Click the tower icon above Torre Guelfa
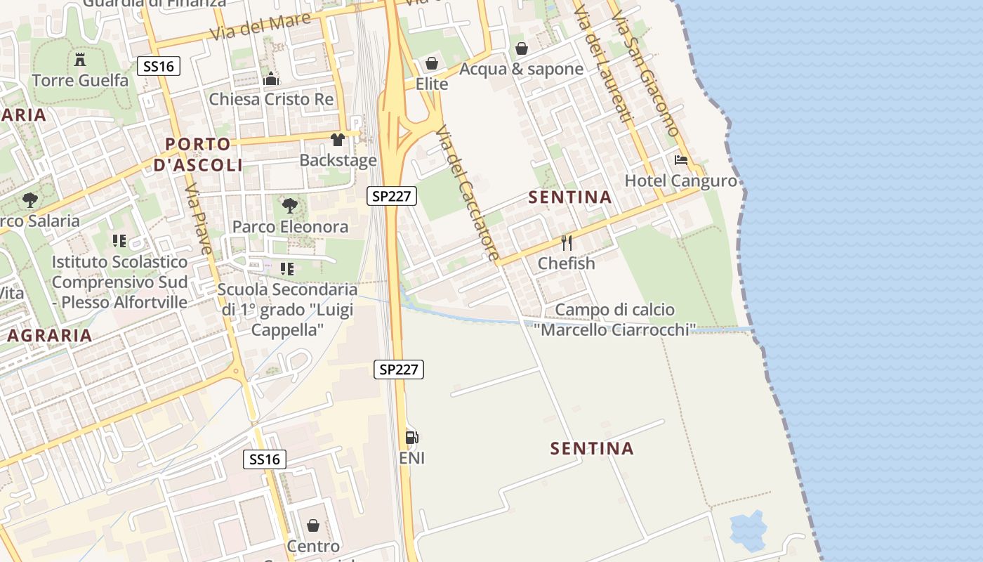pyautogui.click(x=80, y=59)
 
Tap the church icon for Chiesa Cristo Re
pyautogui.click(x=271, y=79)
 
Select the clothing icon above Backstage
pyautogui.click(x=338, y=140)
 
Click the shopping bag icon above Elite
pyautogui.click(x=432, y=64)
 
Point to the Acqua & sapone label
pyautogui.click(x=521, y=69)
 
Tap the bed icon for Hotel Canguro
pyautogui.click(x=681, y=160)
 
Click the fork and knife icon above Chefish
pyautogui.click(x=567, y=243)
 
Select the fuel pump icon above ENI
pyautogui.click(x=412, y=438)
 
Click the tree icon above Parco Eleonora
pyautogui.click(x=290, y=206)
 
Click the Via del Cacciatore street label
pyautogui.click(x=467, y=193)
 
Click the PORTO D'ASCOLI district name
pyautogui.click(x=198, y=155)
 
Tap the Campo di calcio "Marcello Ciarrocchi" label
pyautogui.click(x=614, y=320)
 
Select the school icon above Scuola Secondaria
pyautogui.click(x=286, y=268)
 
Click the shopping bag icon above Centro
pyautogui.click(x=313, y=525)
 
